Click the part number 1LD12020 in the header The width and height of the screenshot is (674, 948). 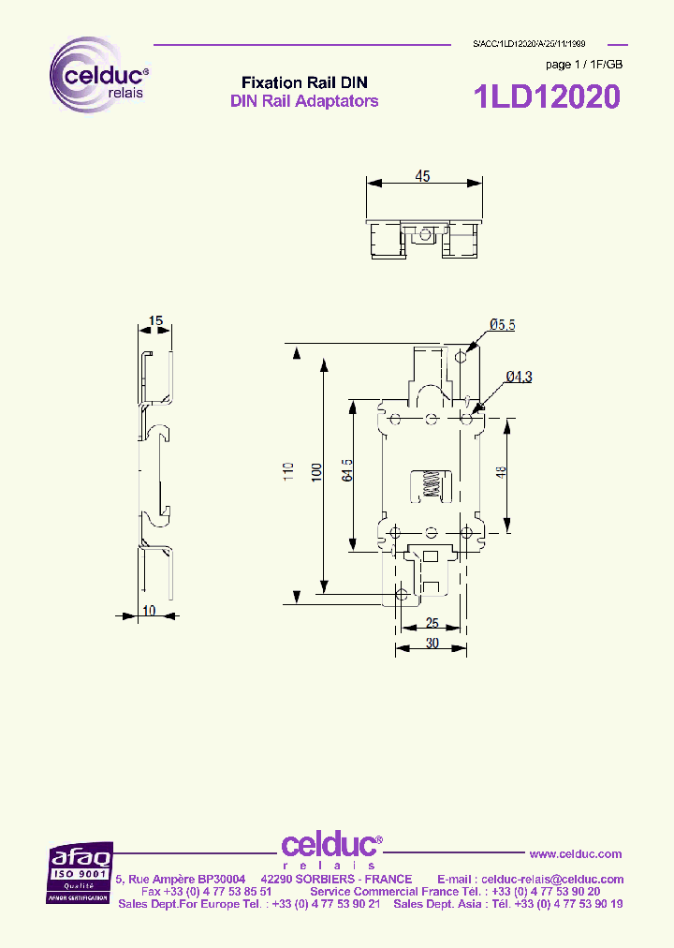coord(547,96)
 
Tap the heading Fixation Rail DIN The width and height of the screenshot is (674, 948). coord(304,82)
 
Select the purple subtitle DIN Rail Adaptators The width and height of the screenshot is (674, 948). coord(304,101)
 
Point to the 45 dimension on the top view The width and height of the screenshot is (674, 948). coord(422,176)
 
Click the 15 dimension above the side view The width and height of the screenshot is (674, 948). coord(155,320)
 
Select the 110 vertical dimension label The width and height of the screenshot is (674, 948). coord(288,468)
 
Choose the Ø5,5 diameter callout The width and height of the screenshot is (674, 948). coord(502,325)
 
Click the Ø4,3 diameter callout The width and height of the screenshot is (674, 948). coord(519,377)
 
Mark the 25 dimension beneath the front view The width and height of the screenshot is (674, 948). coord(432,623)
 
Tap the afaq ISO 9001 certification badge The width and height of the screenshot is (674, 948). coord(81,872)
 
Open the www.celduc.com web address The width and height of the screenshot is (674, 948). coord(576,853)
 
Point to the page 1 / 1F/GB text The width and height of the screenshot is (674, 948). coord(583,65)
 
